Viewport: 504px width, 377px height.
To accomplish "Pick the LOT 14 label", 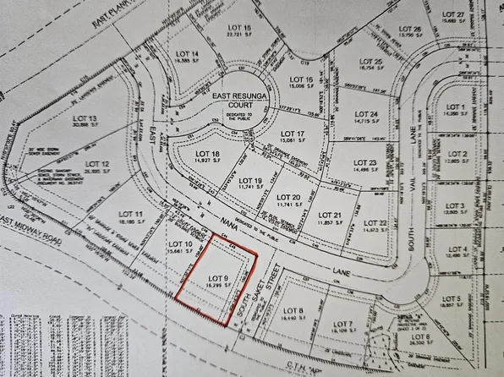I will pos(189,54).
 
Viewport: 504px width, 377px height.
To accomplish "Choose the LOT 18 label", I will pos(195,153).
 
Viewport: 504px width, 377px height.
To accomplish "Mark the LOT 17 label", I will pos(292,134).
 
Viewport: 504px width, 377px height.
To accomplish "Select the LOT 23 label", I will pos(364,162).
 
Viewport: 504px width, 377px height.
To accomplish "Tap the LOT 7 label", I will pos(343,324).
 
